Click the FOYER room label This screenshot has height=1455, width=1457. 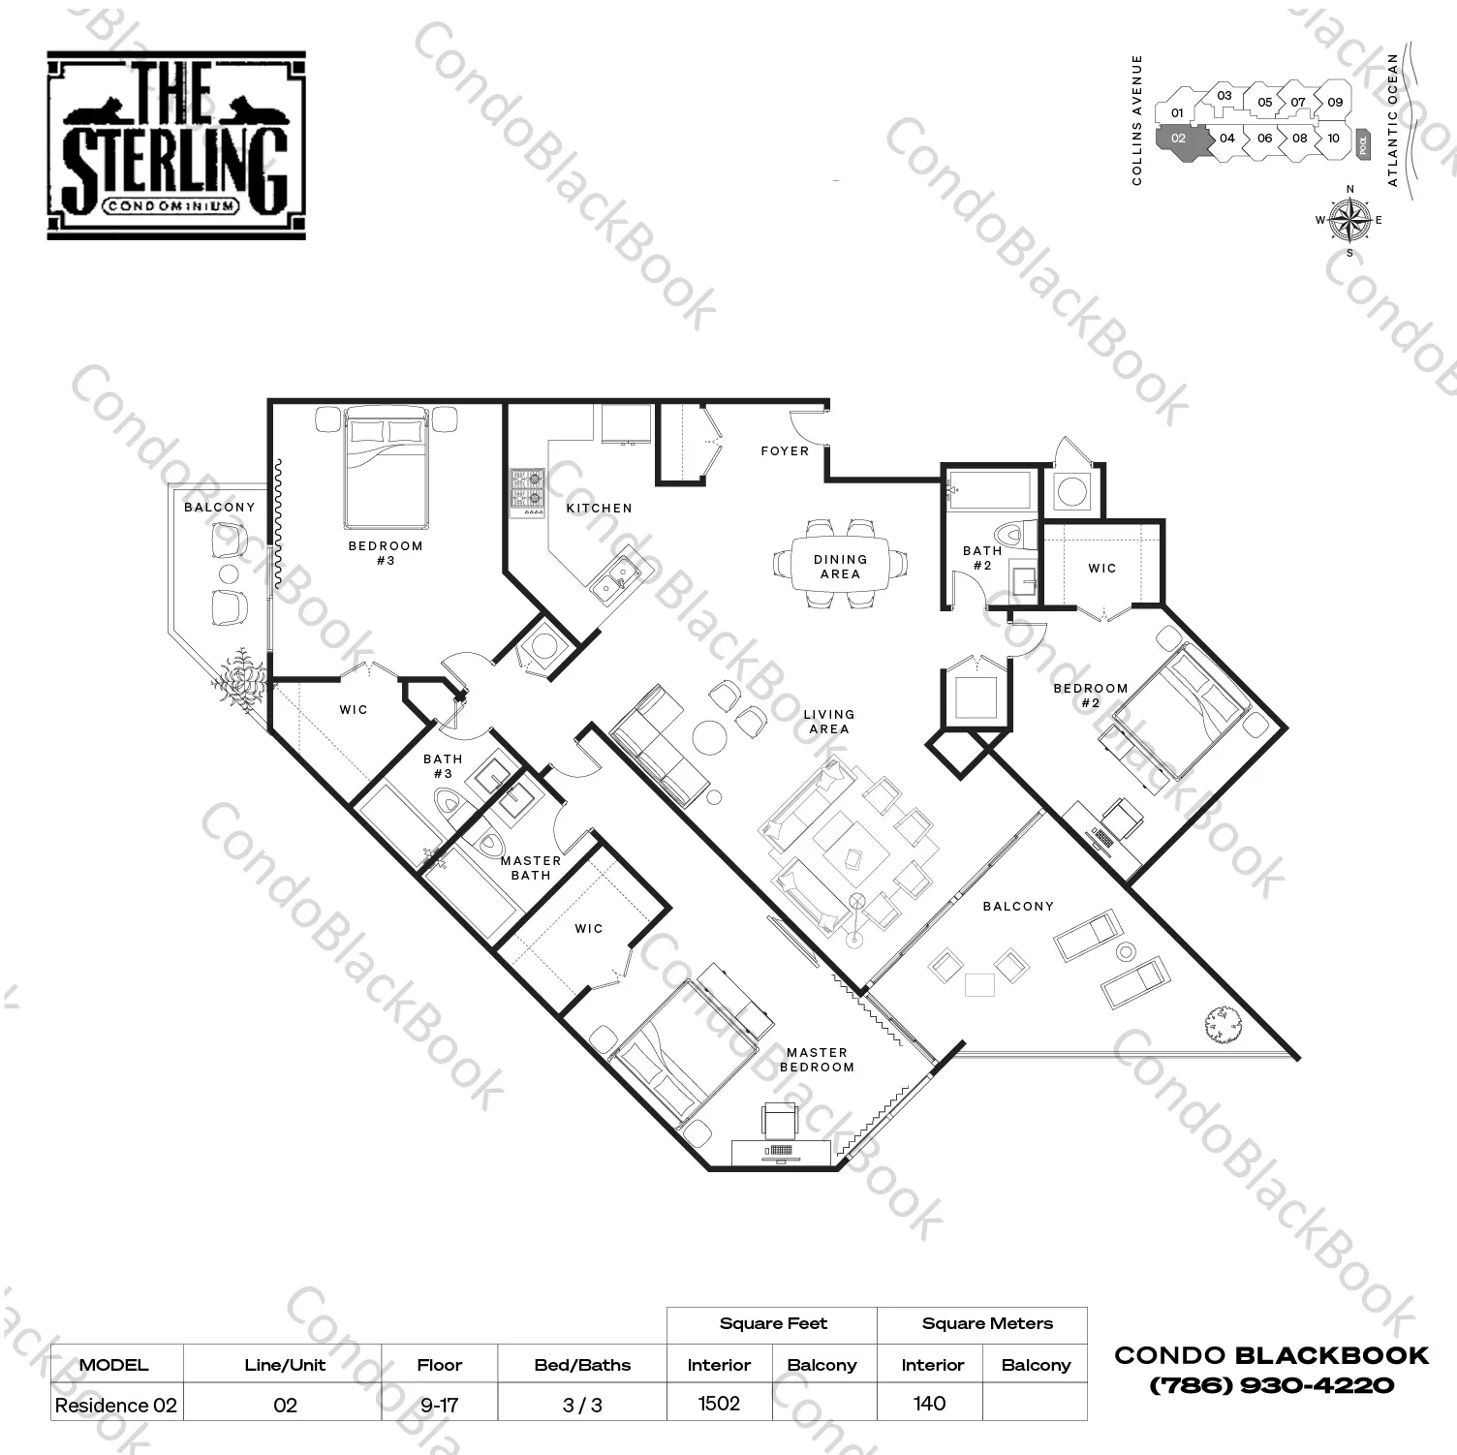(x=785, y=451)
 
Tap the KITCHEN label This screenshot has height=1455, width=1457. (x=600, y=509)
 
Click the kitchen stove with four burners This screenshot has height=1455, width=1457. (x=528, y=490)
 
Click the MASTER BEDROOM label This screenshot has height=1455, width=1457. (x=818, y=1060)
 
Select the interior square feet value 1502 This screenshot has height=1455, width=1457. (x=719, y=1404)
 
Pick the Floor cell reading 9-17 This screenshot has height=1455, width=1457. (x=439, y=1405)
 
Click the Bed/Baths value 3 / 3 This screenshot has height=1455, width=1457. (x=582, y=1405)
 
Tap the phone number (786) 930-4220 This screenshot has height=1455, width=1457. (x=1271, y=1385)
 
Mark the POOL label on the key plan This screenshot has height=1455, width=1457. (x=1364, y=144)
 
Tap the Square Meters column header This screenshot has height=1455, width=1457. (x=987, y=1323)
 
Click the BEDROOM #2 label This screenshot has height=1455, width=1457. (x=1091, y=696)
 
